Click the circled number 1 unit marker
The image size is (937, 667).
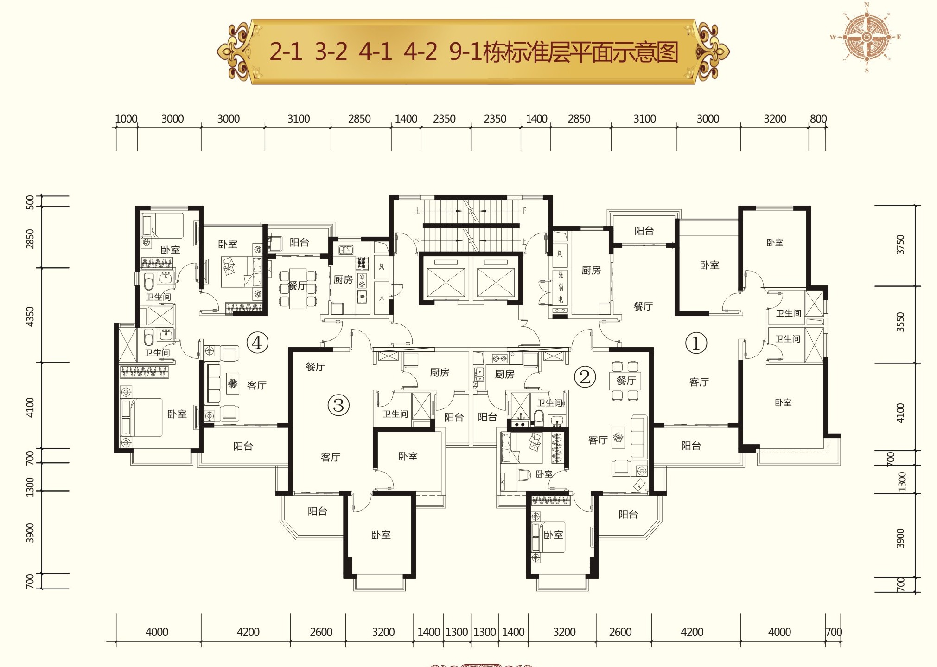[695, 343]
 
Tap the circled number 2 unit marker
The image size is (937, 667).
[585, 376]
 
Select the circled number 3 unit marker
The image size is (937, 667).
[338, 405]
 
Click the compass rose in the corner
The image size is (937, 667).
[866, 37]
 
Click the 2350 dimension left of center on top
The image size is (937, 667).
[444, 119]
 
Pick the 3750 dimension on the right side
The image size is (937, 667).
[900, 244]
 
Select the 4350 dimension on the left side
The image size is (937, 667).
[30, 316]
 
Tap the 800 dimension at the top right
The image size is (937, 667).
[818, 119]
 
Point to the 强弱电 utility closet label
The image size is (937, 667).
[561, 287]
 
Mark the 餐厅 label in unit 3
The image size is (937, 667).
[315, 367]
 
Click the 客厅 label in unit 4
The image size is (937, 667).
[256, 385]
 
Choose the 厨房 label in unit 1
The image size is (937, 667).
[591, 270]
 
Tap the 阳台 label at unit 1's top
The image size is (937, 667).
[644, 231]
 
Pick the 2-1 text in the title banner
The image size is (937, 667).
[286, 52]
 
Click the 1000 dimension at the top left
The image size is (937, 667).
[126, 119]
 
